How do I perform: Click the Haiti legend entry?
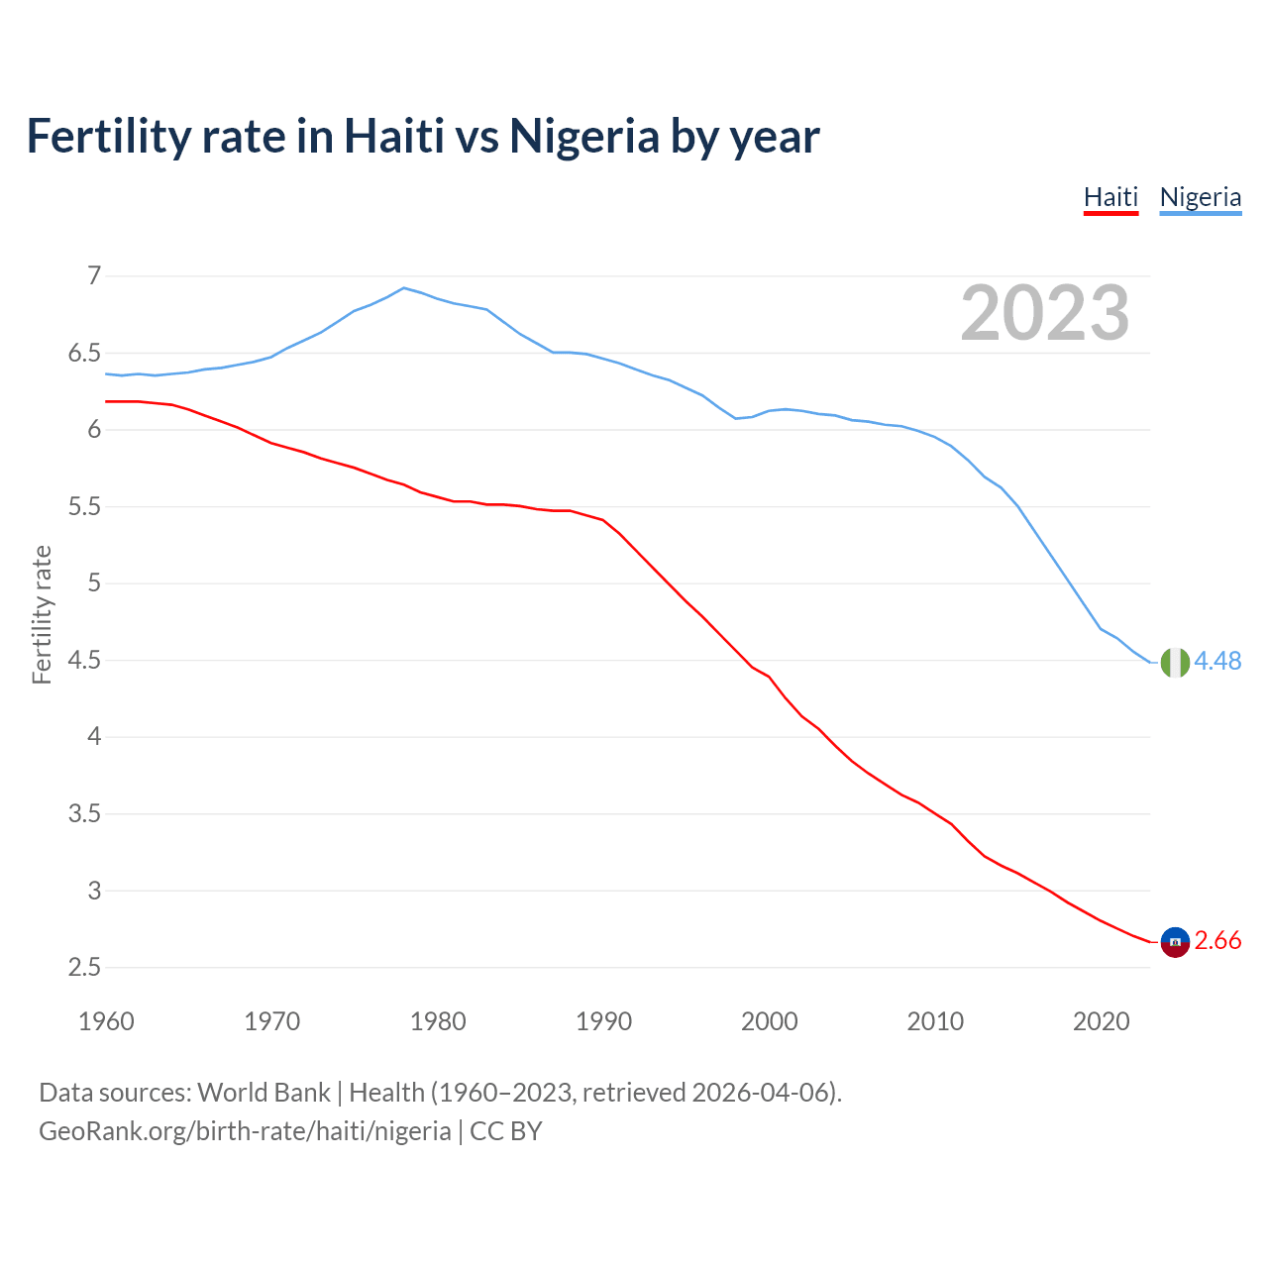1110,197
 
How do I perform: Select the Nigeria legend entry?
1200,197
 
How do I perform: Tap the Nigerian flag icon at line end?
1175,662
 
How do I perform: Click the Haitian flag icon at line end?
1175,942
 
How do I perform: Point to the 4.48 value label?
1217,661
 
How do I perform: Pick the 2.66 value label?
1217,941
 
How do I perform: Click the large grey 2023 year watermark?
1045,313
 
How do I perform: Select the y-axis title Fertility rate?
42,614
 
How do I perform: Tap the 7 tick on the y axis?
94,276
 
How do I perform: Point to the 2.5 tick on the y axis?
84,968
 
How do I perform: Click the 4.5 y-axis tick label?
84,661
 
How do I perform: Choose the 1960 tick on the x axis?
106,1021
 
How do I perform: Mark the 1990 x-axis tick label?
603,1021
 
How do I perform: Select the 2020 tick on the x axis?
1101,1021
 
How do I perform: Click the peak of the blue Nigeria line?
403,288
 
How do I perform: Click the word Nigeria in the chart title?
583,136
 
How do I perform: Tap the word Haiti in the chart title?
393,136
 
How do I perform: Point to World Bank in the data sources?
264,1093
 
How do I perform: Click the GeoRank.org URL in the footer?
245,1131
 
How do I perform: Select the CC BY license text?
505,1131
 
